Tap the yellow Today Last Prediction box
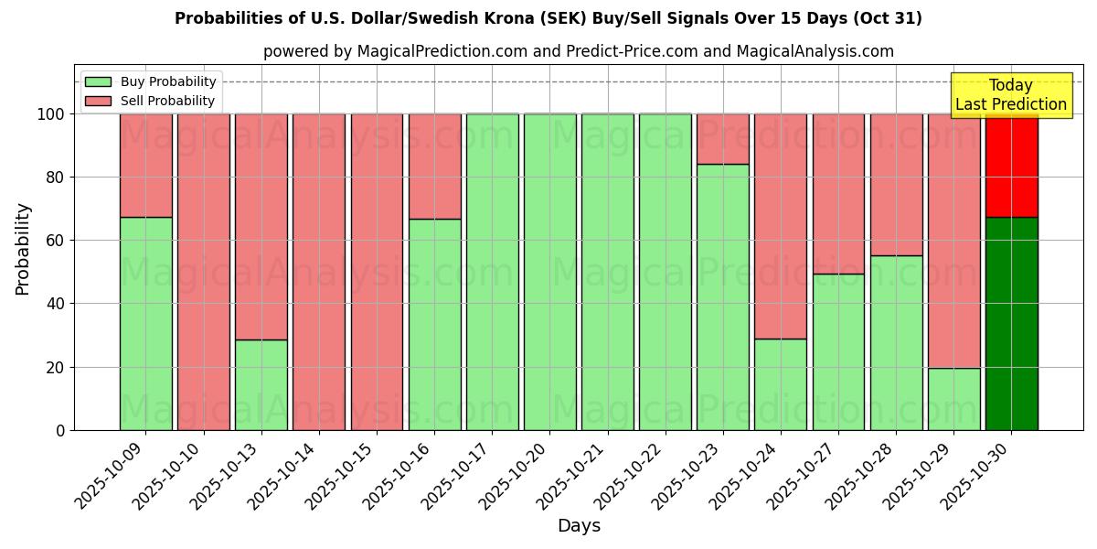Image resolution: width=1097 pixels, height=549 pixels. pos(1010,95)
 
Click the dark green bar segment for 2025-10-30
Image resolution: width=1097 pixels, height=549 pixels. pos(1011,323)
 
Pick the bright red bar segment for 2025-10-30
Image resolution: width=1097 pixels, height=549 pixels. pos(1011,166)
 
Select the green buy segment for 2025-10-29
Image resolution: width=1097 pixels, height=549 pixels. pos(953,399)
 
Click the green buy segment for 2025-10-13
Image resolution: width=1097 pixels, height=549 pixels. pos(261,384)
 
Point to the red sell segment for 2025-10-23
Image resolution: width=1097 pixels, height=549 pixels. pos(722,139)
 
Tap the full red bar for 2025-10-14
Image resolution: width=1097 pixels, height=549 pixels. pos(318,272)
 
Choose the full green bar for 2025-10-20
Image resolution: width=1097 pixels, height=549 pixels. pos(549,272)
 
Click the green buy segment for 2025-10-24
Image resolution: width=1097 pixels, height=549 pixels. pos(780,384)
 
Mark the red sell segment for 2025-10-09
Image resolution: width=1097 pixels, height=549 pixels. pos(145,166)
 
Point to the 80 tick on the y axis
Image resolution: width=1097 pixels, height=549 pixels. pos(56,178)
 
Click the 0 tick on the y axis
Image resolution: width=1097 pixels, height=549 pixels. pos(60,430)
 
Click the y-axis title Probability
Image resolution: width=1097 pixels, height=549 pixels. pos(23,249)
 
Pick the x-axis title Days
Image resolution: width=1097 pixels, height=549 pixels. pos(579,526)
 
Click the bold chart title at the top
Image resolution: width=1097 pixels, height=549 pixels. pos(548,18)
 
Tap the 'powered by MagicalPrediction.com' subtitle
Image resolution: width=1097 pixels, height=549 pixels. pos(578,51)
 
